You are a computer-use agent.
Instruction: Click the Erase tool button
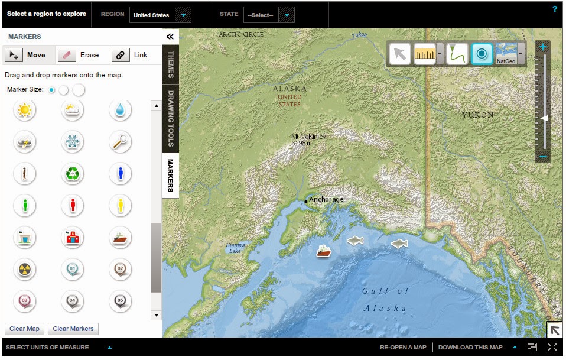click(x=82, y=55)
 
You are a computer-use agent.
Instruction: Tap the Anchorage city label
click(x=326, y=200)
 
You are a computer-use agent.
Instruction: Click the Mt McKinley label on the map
click(x=308, y=140)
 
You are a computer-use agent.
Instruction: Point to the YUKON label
click(x=477, y=115)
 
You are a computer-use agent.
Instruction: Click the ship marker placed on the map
click(x=324, y=251)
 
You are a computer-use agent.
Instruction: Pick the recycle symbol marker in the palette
click(x=73, y=174)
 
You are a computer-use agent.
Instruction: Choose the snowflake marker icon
click(x=73, y=142)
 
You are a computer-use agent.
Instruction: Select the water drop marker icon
click(x=121, y=110)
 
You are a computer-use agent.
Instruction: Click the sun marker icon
click(x=25, y=110)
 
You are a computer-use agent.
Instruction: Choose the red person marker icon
click(x=73, y=206)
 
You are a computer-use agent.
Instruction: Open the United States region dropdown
click(x=160, y=15)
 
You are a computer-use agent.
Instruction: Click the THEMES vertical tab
click(x=170, y=64)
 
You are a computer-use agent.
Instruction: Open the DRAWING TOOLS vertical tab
click(x=170, y=118)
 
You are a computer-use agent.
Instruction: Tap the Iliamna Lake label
click(x=235, y=248)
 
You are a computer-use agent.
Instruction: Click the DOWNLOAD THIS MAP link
click(x=470, y=348)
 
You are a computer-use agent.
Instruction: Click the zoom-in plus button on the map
click(x=543, y=47)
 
